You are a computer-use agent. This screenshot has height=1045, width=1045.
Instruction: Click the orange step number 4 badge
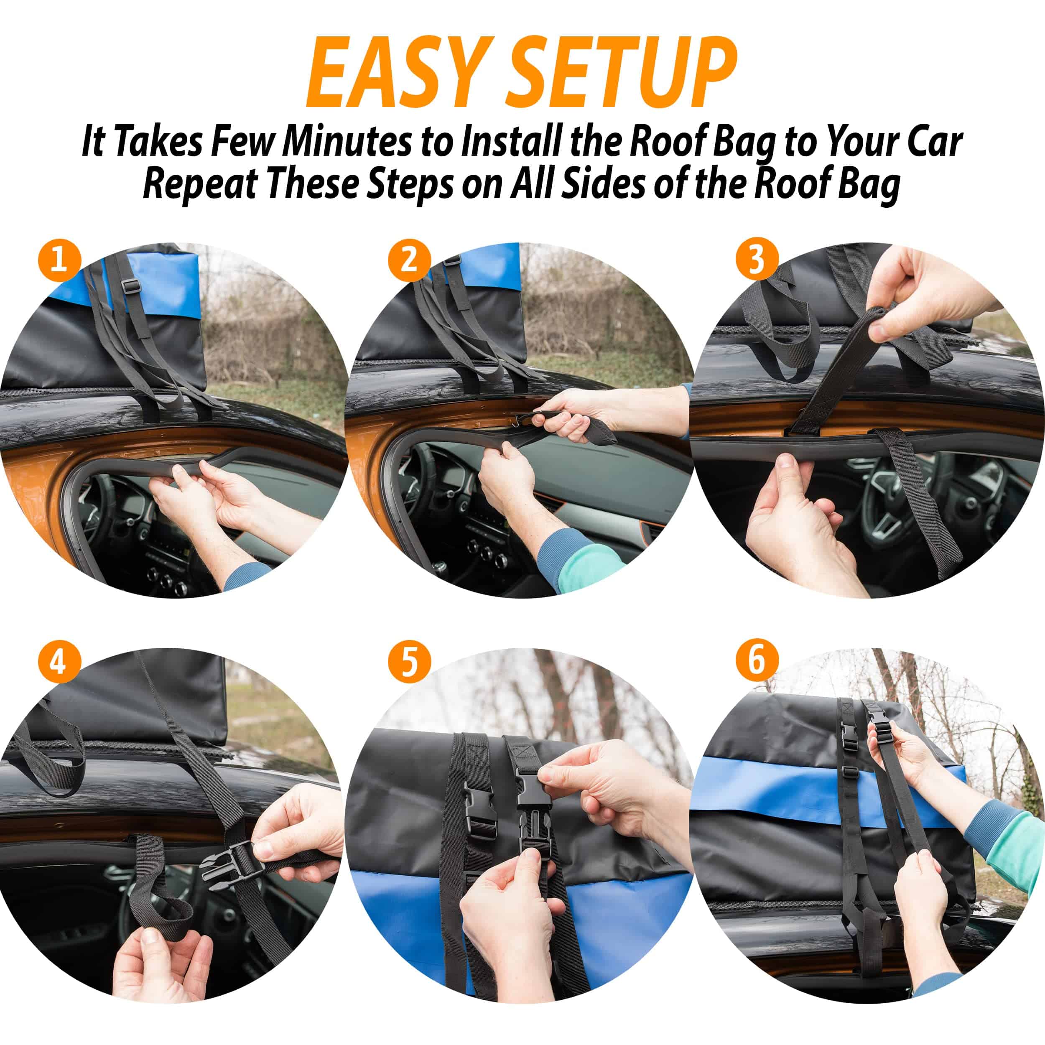pos(59,664)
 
